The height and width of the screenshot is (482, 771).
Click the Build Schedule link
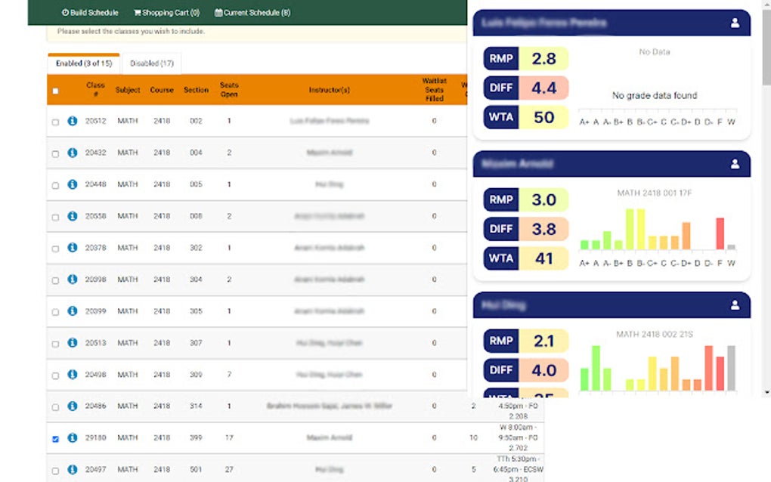[90, 12]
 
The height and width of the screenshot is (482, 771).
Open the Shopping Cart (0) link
[166, 12]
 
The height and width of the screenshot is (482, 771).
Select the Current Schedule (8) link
[252, 12]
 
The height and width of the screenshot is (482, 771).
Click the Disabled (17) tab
[151, 63]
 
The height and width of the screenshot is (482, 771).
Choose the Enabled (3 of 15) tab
[84, 63]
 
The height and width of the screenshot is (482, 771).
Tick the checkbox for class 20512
[55, 122]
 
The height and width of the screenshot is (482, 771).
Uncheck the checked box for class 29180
[55, 439]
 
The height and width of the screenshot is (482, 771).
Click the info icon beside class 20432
[73, 153]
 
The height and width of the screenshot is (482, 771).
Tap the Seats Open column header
[229, 90]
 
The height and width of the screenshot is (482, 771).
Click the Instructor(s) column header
[330, 90]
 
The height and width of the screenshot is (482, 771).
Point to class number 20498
[96, 375]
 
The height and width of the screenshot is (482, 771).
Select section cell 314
[196, 406]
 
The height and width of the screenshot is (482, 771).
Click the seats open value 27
[229, 470]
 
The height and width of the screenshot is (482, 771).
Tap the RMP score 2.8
[543, 59]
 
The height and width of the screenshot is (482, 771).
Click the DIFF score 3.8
[543, 229]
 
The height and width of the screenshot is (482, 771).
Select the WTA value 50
[543, 117]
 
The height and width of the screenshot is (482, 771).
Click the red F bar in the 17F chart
[720, 233]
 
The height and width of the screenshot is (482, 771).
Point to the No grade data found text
[655, 96]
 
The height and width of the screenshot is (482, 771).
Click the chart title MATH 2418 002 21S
[654, 334]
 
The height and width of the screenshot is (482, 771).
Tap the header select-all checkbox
[55, 91]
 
